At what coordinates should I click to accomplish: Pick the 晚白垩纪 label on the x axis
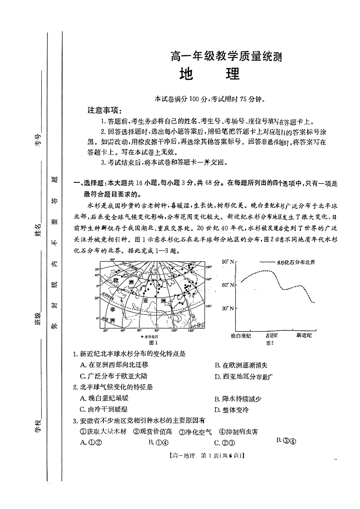click(x=240, y=335)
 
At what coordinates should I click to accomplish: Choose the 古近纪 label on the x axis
click(x=275, y=335)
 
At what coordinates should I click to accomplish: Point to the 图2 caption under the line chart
click(x=271, y=343)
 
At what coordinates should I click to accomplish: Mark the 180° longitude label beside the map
click(x=208, y=267)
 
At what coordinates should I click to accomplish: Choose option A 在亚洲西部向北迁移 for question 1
click(x=114, y=365)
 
